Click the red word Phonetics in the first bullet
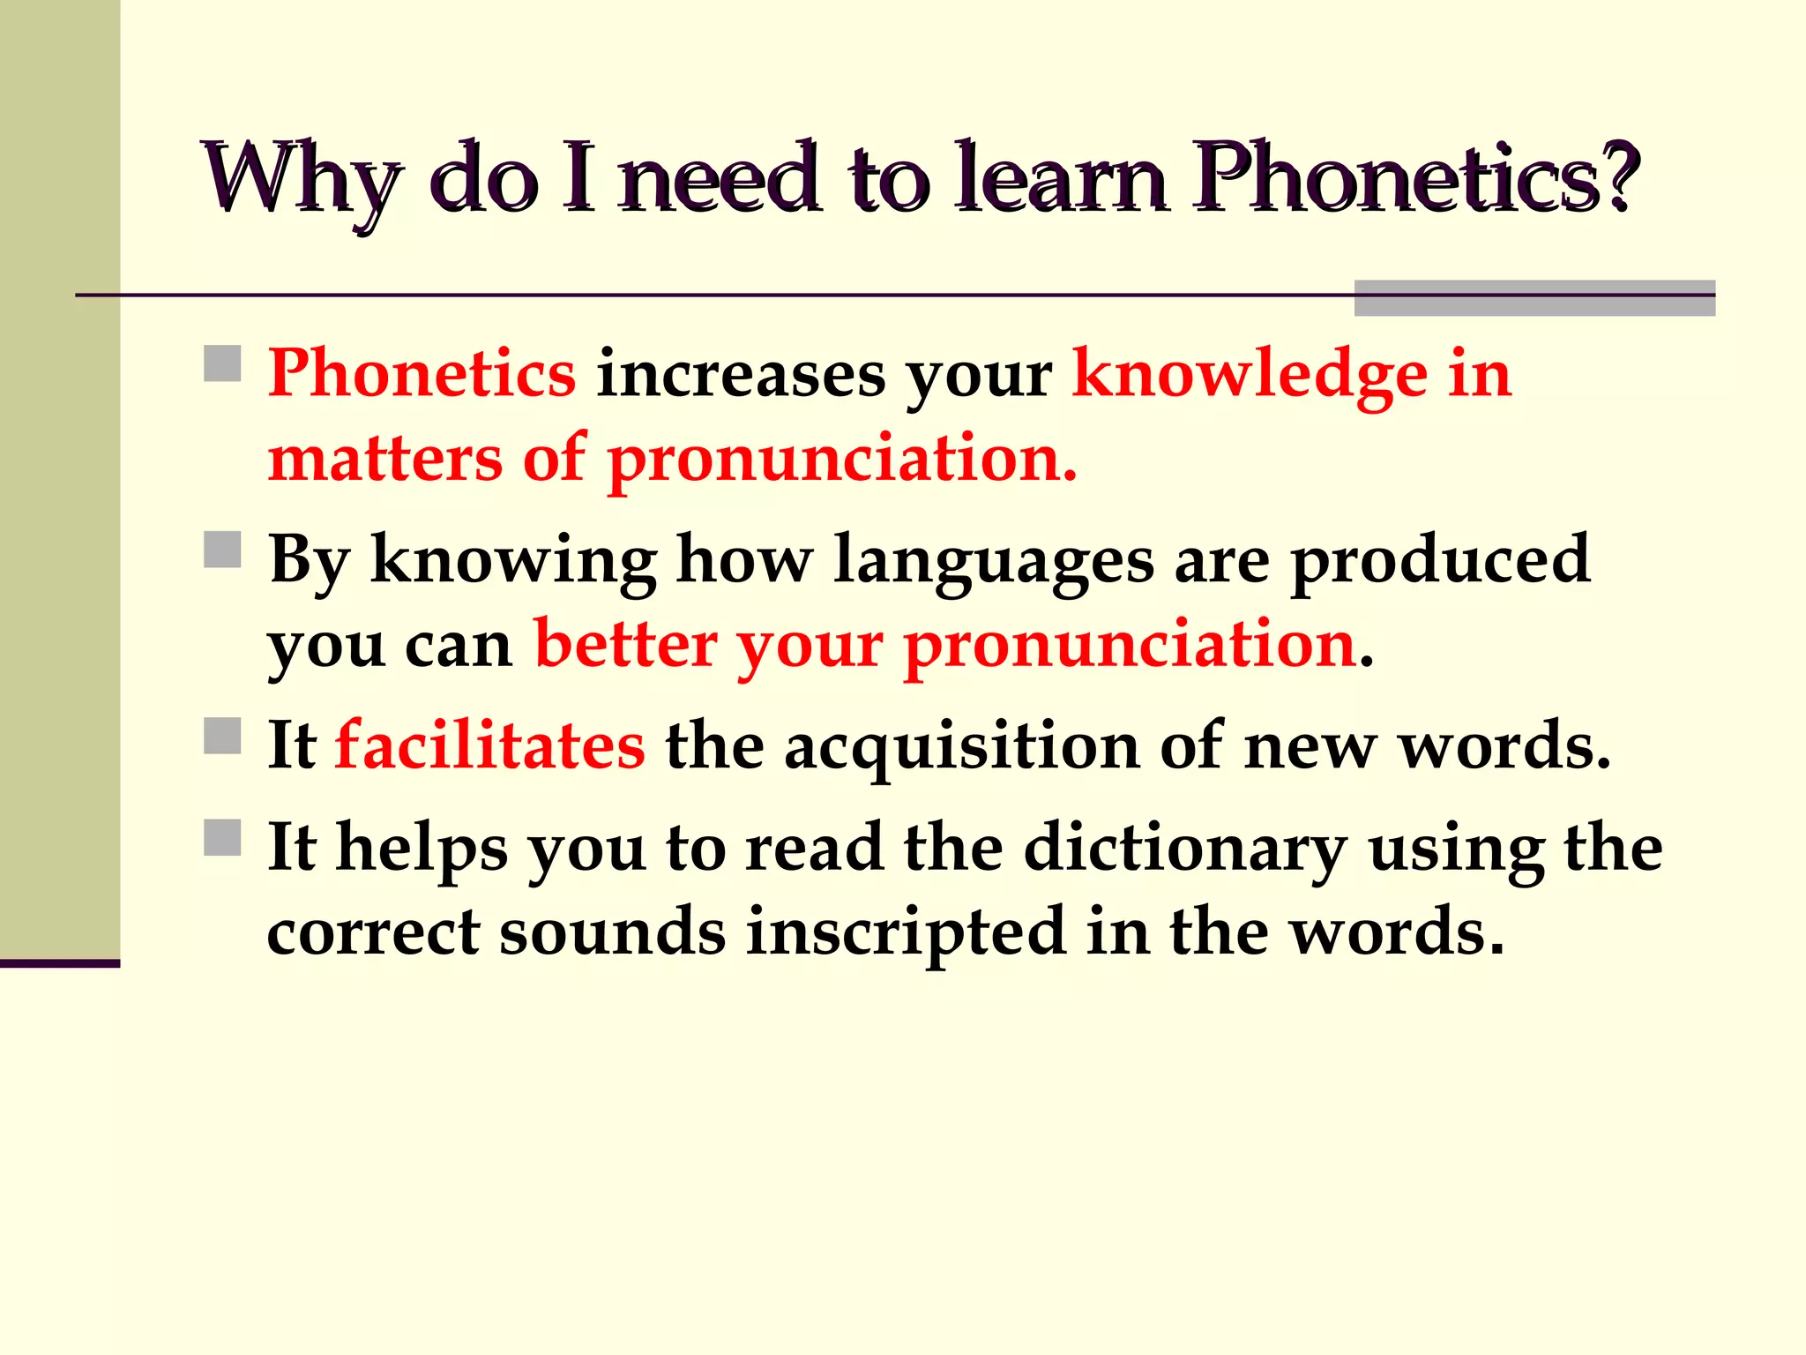pyautogui.click(x=422, y=374)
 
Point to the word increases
pyautogui.click(x=741, y=376)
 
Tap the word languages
pyautogui.click(x=993, y=561)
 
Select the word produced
pyautogui.click(x=1441, y=561)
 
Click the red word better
pyautogui.click(x=625, y=645)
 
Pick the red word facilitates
pyautogui.click(x=489, y=746)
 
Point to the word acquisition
pyautogui.click(x=962, y=748)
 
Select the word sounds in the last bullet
pyautogui.click(x=612, y=932)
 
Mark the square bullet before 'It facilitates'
pyautogui.click(x=222, y=736)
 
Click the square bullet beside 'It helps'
pyautogui.click(x=222, y=838)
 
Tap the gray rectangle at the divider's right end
pyautogui.click(x=1534, y=298)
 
